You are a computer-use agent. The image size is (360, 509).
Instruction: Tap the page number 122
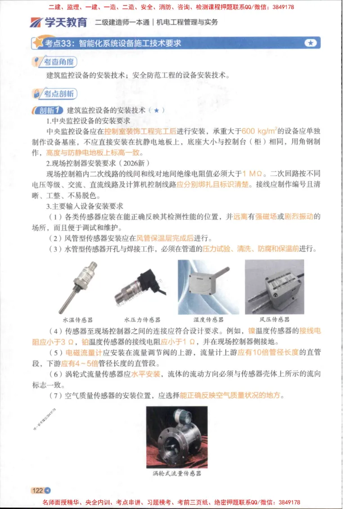(x=37, y=490)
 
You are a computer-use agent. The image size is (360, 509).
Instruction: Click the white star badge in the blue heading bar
(x=310, y=43)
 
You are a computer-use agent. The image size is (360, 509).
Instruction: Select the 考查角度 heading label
(x=55, y=62)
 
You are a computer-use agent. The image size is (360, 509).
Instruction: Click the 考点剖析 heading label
(x=55, y=94)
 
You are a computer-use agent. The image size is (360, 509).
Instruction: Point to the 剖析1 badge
(x=48, y=110)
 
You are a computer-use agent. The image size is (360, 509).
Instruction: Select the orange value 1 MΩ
(x=252, y=173)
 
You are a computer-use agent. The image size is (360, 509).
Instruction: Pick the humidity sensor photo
(x=208, y=286)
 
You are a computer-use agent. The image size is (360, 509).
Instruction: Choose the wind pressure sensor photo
(x=274, y=286)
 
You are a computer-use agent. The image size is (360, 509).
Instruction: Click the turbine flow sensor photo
(x=176, y=437)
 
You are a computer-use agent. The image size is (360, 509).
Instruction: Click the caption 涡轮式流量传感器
(x=177, y=473)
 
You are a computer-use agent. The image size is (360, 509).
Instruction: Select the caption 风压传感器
(x=274, y=320)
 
